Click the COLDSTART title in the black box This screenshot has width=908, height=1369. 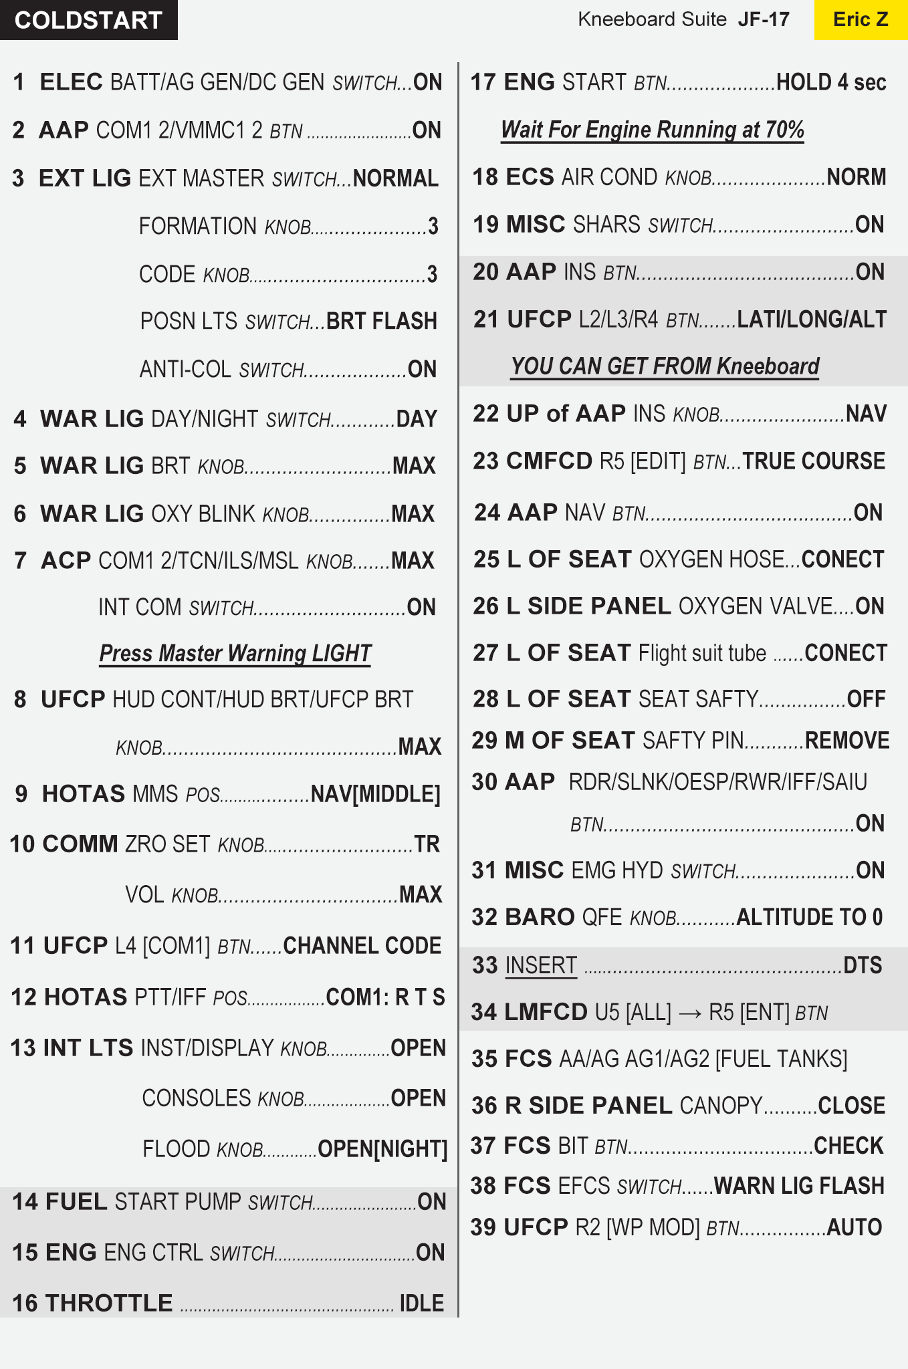click(88, 20)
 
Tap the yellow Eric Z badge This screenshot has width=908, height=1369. click(861, 19)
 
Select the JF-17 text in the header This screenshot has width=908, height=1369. click(764, 19)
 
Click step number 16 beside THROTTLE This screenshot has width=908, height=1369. click(25, 1303)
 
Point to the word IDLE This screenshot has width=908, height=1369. click(421, 1303)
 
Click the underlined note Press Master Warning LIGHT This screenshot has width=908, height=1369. click(235, 653)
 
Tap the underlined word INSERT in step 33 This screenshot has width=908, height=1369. click(541, 965)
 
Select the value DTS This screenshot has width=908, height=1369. click(863, 965)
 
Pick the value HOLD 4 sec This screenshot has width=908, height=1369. click(831, 82)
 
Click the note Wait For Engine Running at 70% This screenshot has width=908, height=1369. click(653, 129)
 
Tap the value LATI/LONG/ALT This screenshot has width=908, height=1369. click(812, 320)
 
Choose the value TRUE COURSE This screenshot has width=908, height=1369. click(814, 461)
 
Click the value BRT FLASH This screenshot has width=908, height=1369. click(382, 322)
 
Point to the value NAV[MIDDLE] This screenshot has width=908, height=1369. click(376, 794)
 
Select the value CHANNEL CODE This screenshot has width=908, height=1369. click(362, 946)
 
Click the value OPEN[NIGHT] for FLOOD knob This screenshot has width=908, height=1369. click(382, 1149)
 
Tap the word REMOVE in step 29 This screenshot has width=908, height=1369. click(847, 741)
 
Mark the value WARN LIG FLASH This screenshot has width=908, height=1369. click(800, 1186)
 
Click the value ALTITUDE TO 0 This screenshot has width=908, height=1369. click(810, 917)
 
